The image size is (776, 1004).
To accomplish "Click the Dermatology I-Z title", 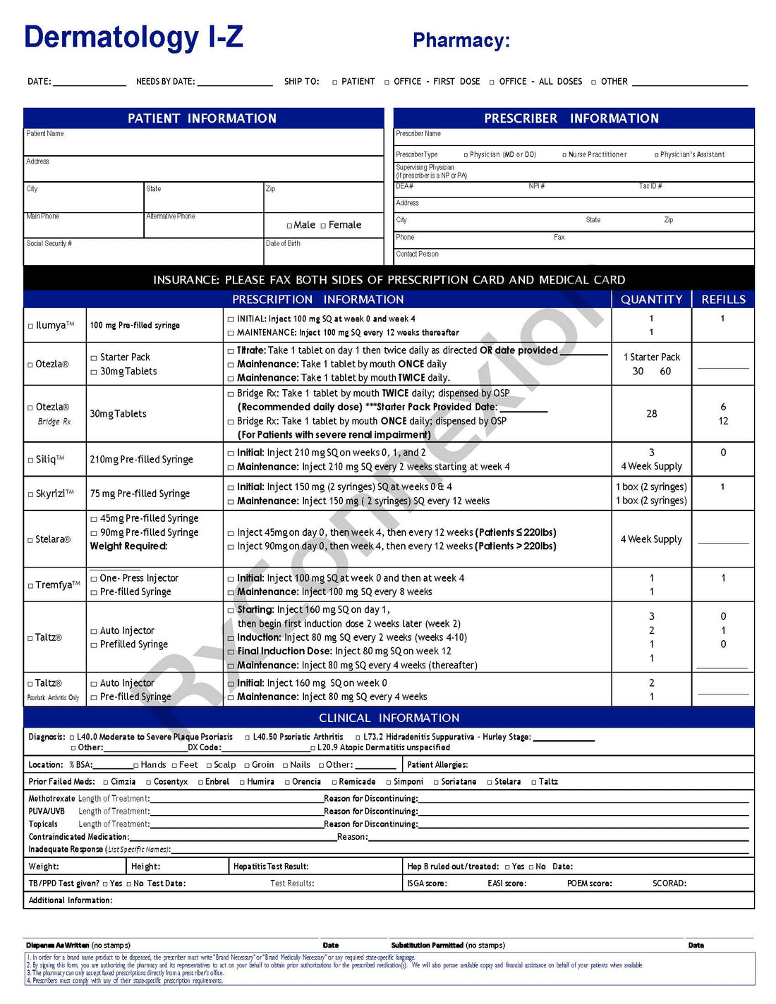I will point(133,37).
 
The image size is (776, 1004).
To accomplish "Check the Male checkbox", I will point(289,226).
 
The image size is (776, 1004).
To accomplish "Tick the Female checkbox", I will point(323,226).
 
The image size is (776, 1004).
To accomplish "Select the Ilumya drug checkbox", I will point(30,326).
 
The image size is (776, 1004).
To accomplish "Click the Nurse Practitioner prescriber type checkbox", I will point(564,155).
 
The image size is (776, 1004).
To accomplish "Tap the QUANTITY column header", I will point(651,300).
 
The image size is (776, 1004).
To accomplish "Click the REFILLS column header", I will point(723,300).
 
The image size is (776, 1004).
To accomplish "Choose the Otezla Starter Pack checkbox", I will point(94,358).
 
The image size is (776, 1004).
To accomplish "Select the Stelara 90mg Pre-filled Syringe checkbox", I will point(94,533).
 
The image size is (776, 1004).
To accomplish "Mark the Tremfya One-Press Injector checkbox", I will point(94,579).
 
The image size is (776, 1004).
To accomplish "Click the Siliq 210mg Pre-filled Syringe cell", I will point(141,460).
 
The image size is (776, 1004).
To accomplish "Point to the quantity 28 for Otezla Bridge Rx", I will point(651,414).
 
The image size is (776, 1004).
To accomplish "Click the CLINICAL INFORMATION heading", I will point(389,718).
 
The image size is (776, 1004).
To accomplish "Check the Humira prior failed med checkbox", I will point(242,782).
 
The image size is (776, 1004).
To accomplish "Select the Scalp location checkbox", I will point(209,765).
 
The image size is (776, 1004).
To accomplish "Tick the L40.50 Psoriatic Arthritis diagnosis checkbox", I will point(248,737).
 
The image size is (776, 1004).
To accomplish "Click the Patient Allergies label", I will point(437,765).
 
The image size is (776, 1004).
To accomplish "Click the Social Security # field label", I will point(49,244).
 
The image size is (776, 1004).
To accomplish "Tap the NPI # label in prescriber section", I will point(536,186).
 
